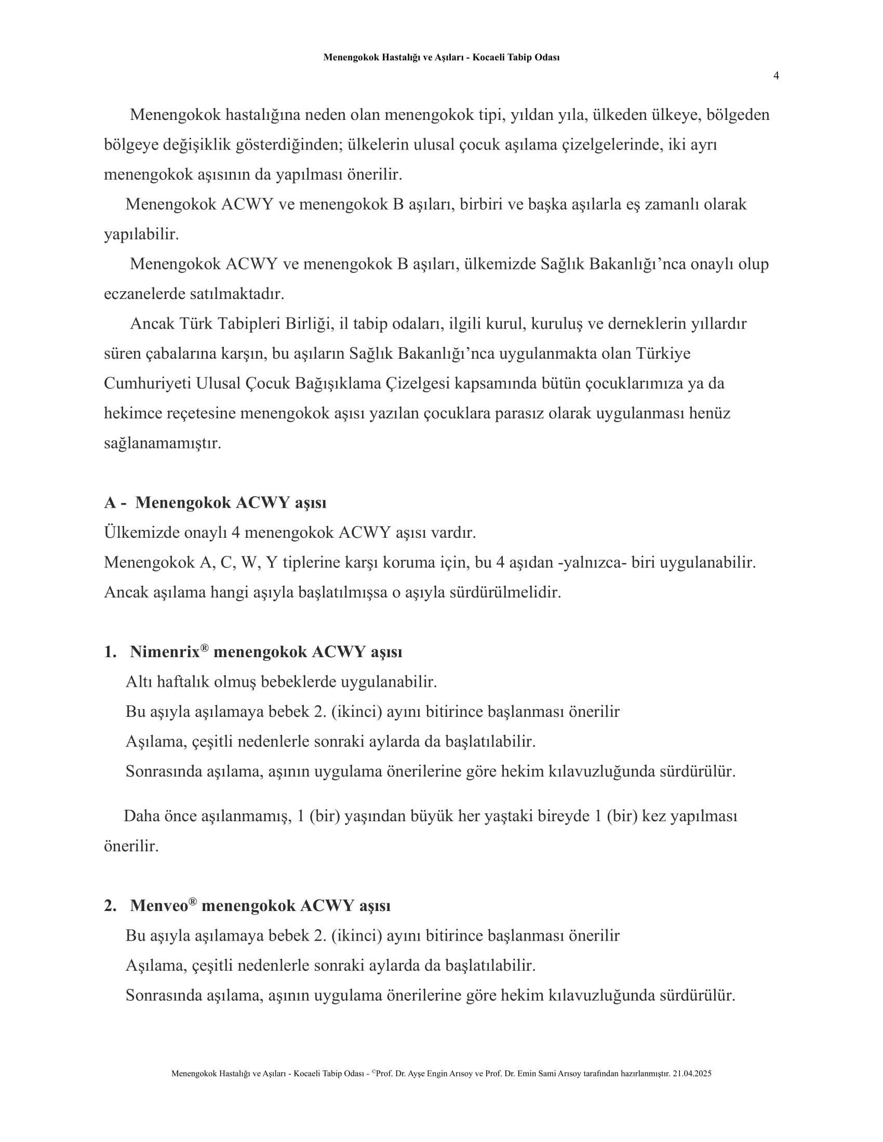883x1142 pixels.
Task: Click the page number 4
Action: pyautogui.click(x=776, y=76)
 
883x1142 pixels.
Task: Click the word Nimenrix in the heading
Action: pyautogui.click(x=165, y=652)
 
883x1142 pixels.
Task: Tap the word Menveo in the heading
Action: pyautogui.click(x=158, y=906)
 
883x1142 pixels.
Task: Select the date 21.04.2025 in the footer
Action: pyautogui.click(x=692, y=1073)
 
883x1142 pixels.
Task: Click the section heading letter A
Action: pyautogui.click(x=110, y=502)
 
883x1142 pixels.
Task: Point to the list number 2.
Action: pyautogui.click(x=110, y=906)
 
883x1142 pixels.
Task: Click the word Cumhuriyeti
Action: pyautogui.click(x=147, y=383)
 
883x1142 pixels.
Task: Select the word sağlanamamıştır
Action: pyautogui.click(x=162, y=443)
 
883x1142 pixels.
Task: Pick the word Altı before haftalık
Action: pyautogui.click(x=139, y=682)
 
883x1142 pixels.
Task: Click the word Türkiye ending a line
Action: pyautogui.click(x=663, y=354)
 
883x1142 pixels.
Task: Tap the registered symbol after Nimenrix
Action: pyautogui.click(x=204, y=648)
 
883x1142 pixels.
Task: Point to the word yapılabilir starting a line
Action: pyautogui.click(x=141, y=234)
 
